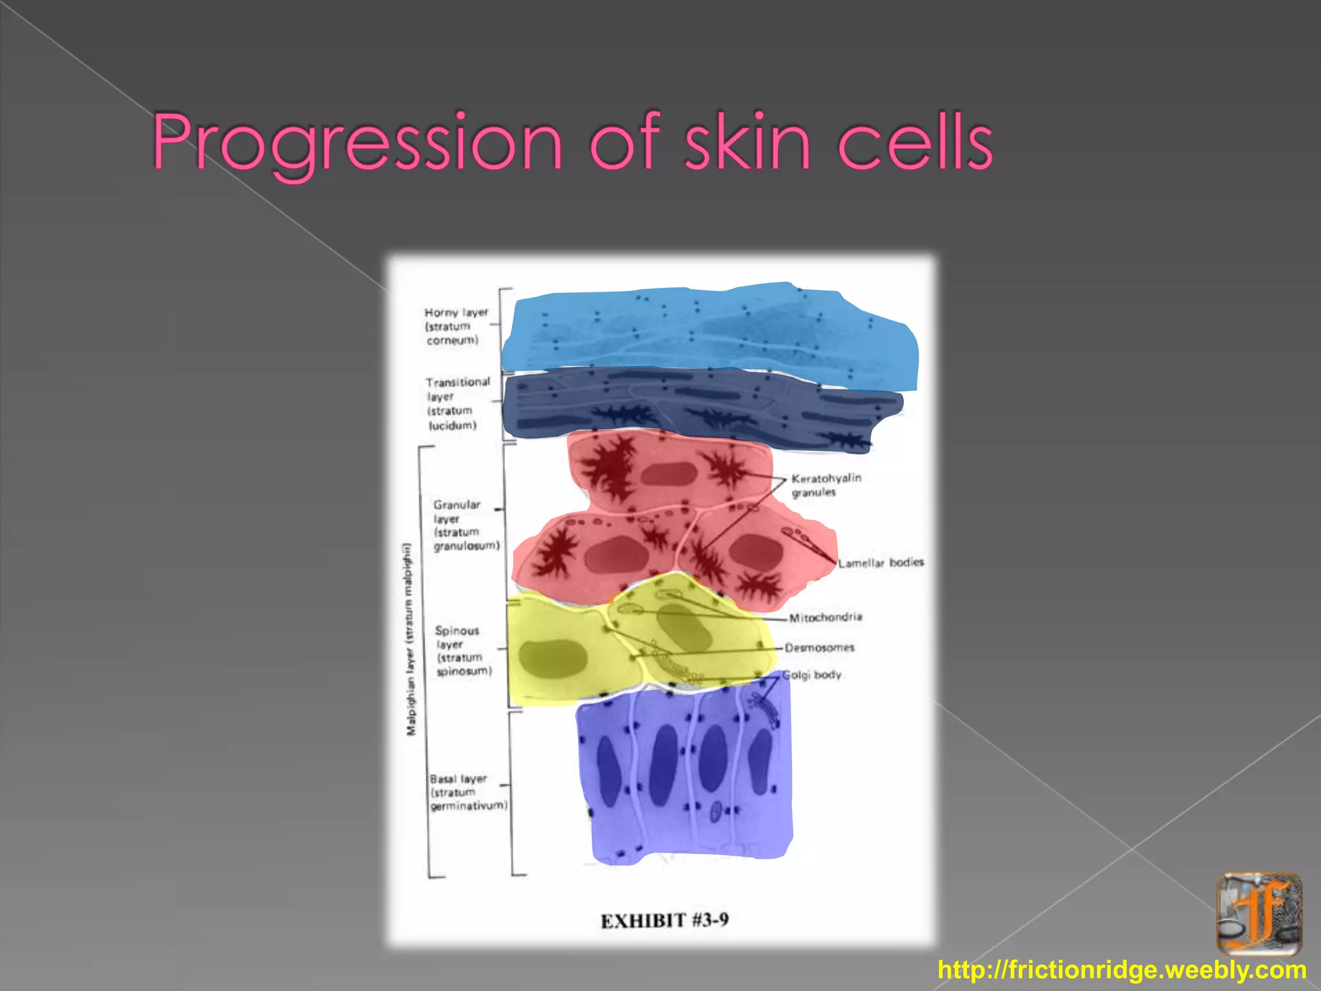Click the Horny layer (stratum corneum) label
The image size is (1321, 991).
[x=455, y=326]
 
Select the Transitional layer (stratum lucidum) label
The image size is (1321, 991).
[x=457, y=404]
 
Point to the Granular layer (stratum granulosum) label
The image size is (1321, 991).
[x=466, y=525]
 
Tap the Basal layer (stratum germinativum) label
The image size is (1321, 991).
[x=468, y=792]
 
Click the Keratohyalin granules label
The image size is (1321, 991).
[x=826, y=485]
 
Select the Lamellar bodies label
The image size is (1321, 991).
[x=881, y=563]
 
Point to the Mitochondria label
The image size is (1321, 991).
[x=826, y=617]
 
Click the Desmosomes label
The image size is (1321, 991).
[x=819, y=647]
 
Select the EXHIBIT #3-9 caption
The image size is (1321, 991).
[x=664, y=920]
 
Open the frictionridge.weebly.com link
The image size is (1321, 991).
[x=1122, y=970]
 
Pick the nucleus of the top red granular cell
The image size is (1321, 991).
[x=668, y=475]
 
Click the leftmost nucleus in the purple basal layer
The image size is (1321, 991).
[x=608, y=770]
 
